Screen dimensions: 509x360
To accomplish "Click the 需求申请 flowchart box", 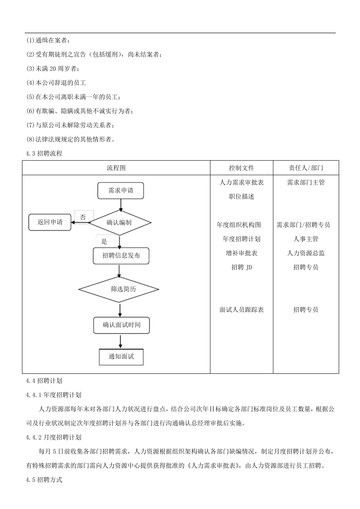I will (121, 190).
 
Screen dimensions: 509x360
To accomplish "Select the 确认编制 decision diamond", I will (120, 223).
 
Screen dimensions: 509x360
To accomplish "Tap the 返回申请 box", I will (50, 222).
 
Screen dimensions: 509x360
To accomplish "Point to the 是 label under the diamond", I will (105, 241).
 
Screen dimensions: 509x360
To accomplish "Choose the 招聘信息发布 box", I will (121, 256).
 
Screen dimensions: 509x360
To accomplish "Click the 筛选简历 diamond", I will (119, 289).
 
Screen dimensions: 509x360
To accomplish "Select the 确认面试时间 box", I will (122, 325).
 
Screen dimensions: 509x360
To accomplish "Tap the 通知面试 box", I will (121, 356).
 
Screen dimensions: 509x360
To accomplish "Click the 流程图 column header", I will (116, 168).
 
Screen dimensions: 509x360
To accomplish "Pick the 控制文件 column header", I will (241, 168).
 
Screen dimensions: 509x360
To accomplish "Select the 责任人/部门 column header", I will (305, 168).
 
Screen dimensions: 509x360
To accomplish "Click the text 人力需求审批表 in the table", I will (241, 182).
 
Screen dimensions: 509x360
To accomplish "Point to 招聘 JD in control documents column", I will (241, 267).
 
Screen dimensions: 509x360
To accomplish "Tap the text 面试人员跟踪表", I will (241, 309).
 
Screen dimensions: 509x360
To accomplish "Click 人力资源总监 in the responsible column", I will (305, 253).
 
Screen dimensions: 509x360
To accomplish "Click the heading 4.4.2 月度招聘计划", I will (53, 437).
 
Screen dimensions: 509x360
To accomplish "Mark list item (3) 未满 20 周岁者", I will (53, 69).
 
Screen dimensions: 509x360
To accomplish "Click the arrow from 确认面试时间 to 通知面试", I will (121, 341).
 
